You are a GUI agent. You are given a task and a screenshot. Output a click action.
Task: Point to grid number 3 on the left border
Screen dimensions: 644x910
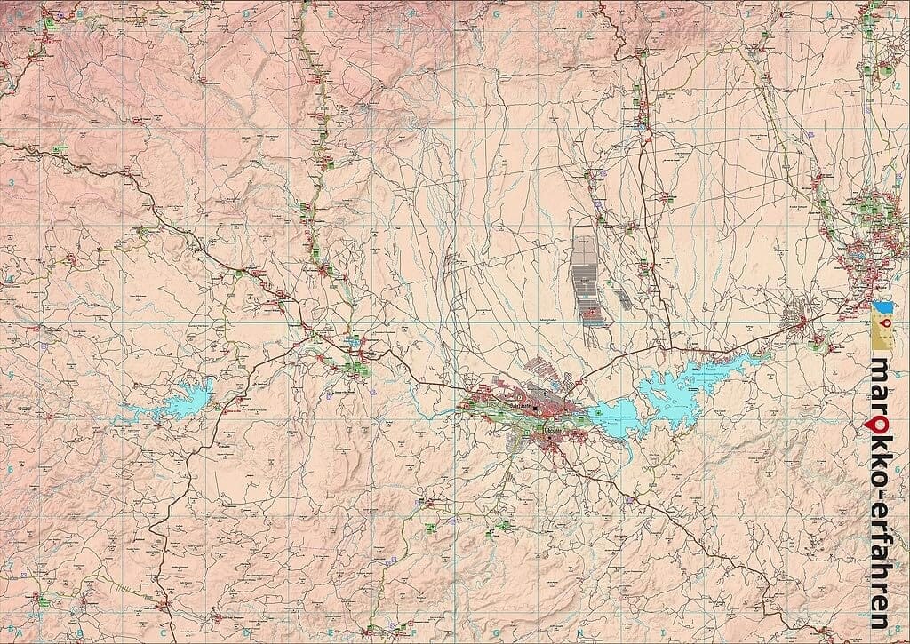pos(11,183)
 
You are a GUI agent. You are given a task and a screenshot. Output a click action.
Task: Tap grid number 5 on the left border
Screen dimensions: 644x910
pos(11,375)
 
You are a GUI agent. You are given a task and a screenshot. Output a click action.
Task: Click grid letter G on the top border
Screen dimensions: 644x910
pos(495,13)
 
